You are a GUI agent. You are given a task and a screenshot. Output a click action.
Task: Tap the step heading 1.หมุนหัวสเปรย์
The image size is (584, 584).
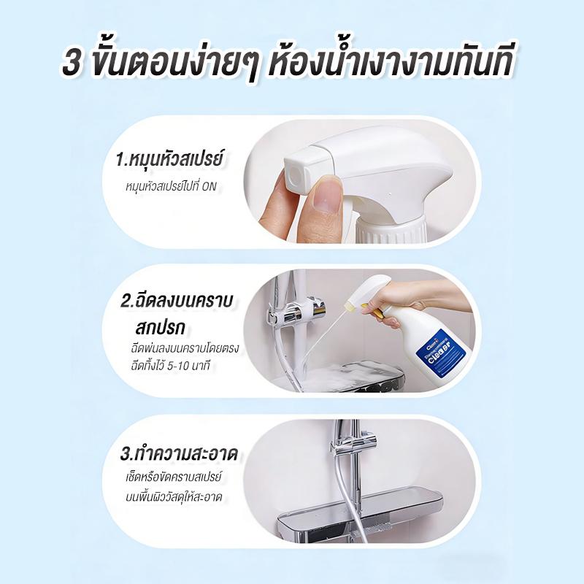(170, 158)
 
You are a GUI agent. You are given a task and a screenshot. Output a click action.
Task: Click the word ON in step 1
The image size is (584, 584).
(210, 186)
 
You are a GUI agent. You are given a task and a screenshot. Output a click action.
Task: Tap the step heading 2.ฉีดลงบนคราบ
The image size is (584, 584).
(177, 301)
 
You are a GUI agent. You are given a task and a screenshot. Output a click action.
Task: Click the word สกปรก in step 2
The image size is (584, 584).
(161, 328)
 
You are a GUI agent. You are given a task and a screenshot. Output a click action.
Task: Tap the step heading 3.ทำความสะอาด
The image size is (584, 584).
(179, 454)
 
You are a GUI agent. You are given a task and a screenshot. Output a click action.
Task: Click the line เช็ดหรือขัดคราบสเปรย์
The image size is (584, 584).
(174, 477)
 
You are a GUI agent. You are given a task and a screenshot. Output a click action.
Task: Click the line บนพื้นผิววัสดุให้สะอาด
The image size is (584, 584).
(174, 496)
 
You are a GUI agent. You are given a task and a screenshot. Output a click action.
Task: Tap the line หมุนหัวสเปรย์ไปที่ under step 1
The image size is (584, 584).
(163, 186)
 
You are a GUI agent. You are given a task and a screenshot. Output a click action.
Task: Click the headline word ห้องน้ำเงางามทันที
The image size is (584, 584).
(392, 64)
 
